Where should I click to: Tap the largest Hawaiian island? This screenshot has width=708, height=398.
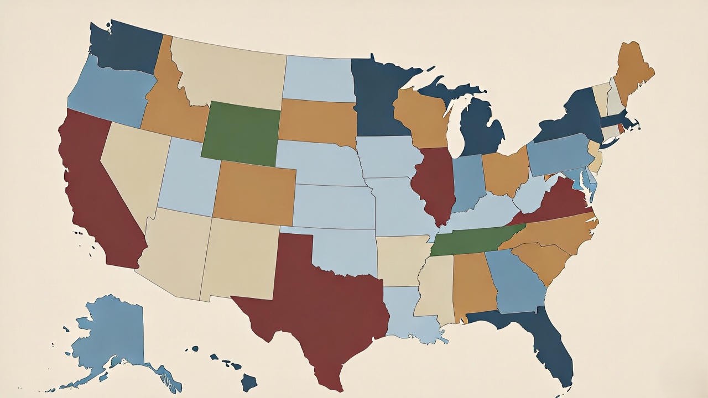[249, 381]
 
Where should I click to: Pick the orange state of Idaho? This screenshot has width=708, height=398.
[166, 111]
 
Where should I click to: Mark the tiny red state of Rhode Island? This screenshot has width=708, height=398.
[620, 129]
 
